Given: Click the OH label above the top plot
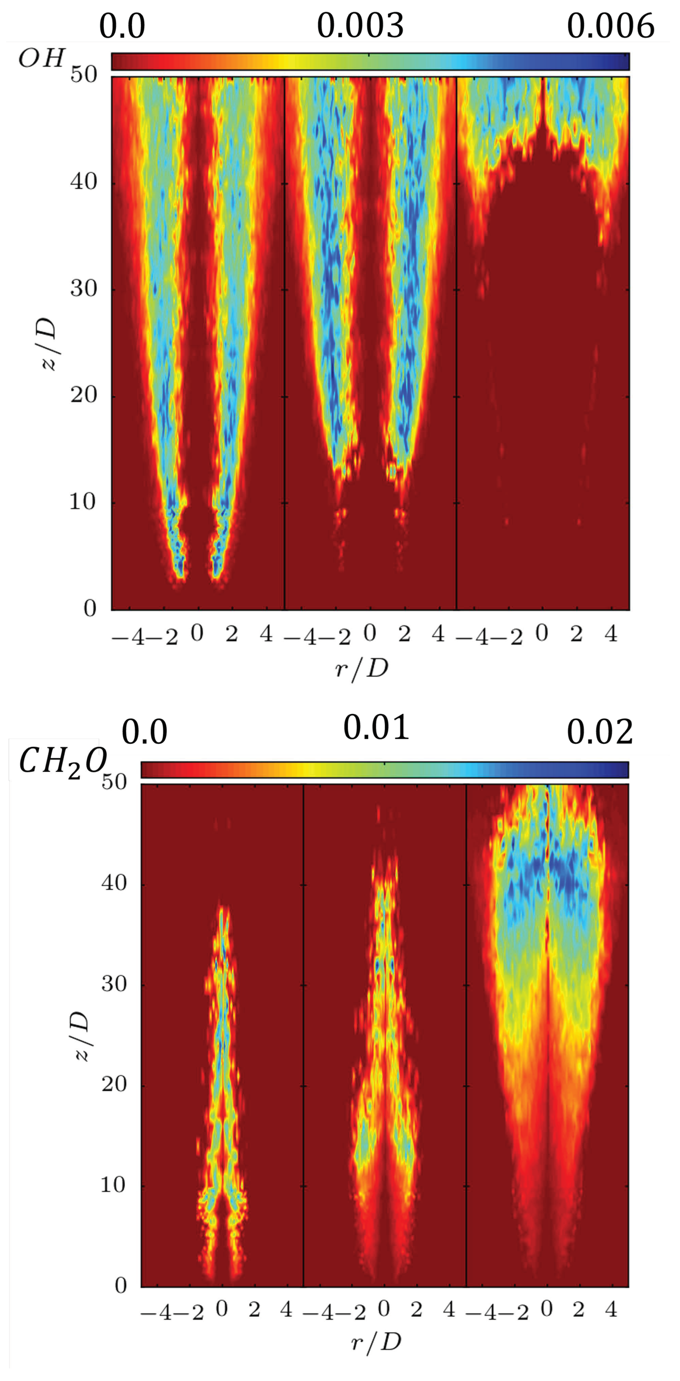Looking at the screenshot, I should click(x=42, y=58).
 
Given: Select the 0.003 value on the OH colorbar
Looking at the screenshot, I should click(x=360, y=25).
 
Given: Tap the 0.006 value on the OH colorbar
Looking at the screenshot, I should click(x=610, y=25).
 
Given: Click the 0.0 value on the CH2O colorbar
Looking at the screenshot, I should click(x=144, y=732).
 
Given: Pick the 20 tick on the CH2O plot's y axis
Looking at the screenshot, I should click(x=114, y=1084).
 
